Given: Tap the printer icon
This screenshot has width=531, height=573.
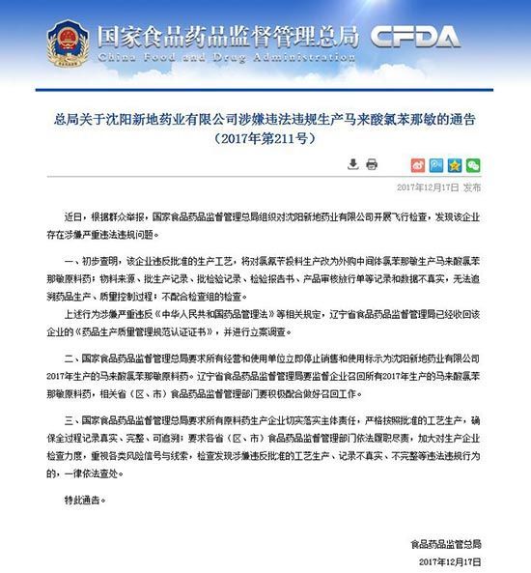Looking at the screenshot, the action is (x=372, y=164).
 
